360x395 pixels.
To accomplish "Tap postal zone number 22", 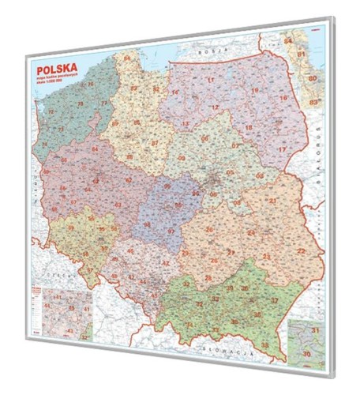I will click(x=301, y=250).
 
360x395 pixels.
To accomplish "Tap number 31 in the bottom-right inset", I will click(x=317, y=329).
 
